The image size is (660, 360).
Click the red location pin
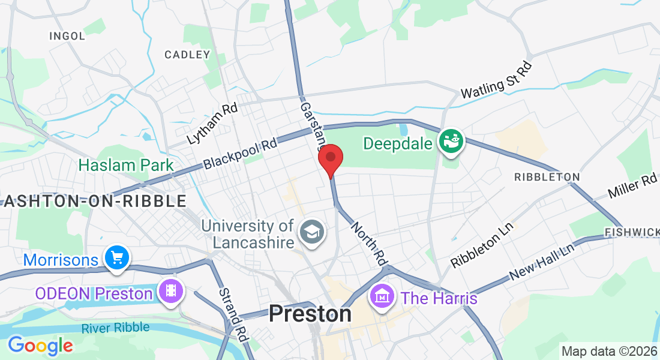pos(330,159)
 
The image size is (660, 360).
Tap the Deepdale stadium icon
pos(451,142)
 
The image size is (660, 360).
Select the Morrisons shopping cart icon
pos(116,258)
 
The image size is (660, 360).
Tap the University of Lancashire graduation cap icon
pos(311,231)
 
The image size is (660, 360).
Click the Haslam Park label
pos(126,165)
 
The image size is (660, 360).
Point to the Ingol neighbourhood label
pos(67,36)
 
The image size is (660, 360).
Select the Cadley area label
pos(187,55)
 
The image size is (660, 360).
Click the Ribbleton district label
pos(547,177)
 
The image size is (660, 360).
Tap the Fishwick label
pos(632,232)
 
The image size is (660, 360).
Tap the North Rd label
pos(368,244)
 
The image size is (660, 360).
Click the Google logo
pos(40,346)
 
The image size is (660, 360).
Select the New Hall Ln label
pos(542,262)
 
